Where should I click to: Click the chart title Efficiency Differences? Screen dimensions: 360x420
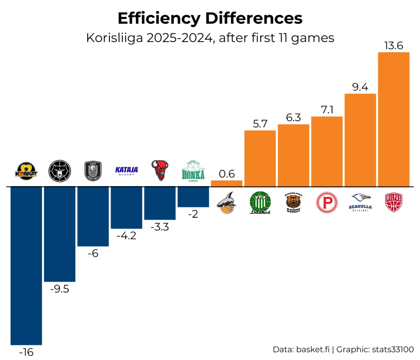coord(210,18)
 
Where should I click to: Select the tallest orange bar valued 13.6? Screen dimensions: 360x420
coord(394,119)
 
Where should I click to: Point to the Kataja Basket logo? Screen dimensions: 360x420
coord(126,170)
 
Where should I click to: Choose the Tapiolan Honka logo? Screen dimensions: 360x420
coord(193,171)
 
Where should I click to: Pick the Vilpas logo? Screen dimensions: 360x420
coord(394,202)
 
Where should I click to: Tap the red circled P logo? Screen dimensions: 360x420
coord(327,202)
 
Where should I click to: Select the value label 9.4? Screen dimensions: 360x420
coord(360,87)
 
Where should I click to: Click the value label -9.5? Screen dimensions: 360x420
coord(59,289)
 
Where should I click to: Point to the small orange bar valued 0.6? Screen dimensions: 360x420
coord(226,184)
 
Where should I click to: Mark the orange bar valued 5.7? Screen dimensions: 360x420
coord(260,158)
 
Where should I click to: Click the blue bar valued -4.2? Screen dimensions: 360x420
coord(126,208)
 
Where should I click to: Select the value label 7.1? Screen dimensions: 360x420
coord(327,110)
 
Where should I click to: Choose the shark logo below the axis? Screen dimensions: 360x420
coord(226,202)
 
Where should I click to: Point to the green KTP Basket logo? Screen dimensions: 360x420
coord(260,202)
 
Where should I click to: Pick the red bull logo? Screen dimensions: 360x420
coord(159,170)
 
